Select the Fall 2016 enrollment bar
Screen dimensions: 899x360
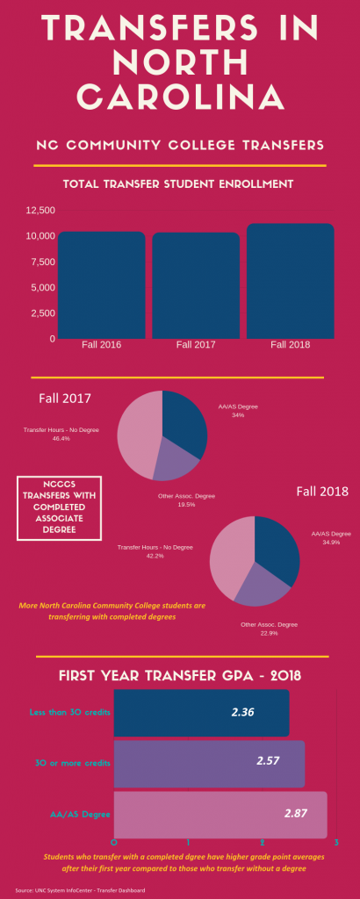pyautogui.click(x=102, y=285)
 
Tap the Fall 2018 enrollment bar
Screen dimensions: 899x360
pyautogui.click(x=290, y=281)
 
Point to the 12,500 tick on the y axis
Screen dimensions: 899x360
pyautogui.click(x=40, y=211)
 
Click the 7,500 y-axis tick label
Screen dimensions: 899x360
pyautogui.click(x=42, y=262)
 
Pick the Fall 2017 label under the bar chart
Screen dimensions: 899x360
pyautogui.click(x=196, y=345)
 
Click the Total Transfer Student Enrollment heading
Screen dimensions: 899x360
pyautogui.click(x=177, y=184)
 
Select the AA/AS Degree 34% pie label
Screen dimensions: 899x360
pyautogui.click(x=238, y=411)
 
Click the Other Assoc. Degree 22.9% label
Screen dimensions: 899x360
pyautogui.click(x=269, y=629)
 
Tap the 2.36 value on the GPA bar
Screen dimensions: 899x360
pyautogui.click(x=242, y=712)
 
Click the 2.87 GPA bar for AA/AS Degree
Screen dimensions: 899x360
pyautogui.click(x=220, y=814)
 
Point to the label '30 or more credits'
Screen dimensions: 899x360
pyautogui.click(x=70, y=762)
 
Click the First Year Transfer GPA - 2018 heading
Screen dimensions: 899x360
pyautogui.click(x=180, y=675)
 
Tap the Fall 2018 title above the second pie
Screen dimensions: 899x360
pyautogui.click(x=319, y=491)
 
